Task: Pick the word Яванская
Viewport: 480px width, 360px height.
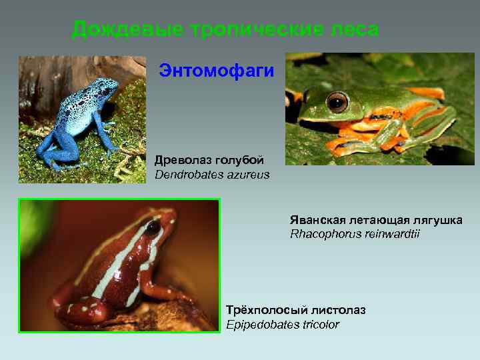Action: (317, 220)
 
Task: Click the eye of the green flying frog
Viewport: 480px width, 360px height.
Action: (338, 102)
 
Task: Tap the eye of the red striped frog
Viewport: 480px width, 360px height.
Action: (153, 227)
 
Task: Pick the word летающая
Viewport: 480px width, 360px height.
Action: (379, 220)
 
